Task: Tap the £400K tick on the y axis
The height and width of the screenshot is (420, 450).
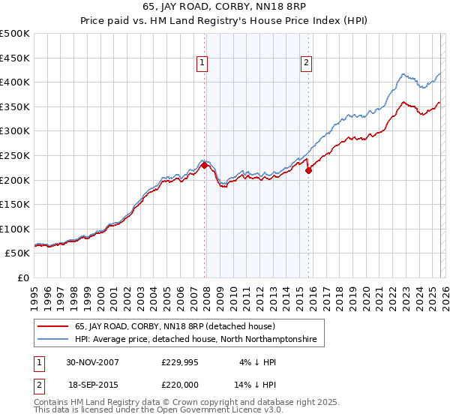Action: pyautogui.click(x=15, y=82)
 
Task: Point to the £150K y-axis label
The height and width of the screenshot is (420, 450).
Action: pyautogui.click(x=15, y=204)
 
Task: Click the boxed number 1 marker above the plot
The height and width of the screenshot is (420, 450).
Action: pyautogui.click(x=202, y=64)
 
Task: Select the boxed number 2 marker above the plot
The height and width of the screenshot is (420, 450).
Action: pyautogui.click(x=307, y=64)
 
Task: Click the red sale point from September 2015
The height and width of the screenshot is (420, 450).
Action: pyautogui.click(x=308, y=170)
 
